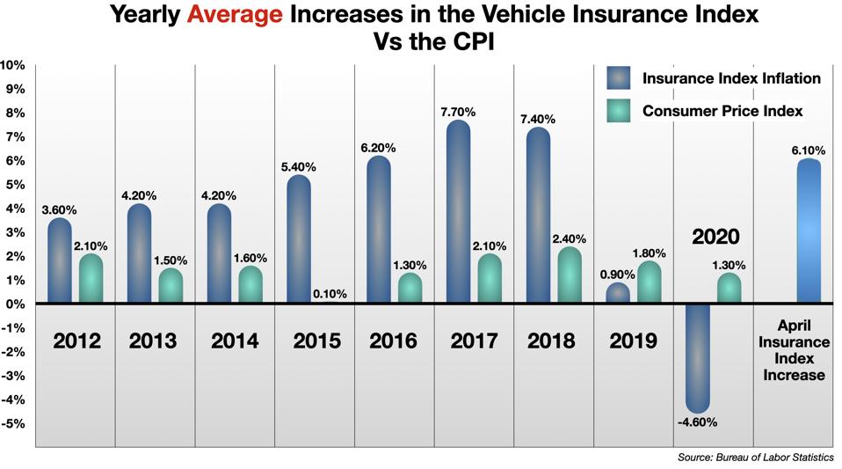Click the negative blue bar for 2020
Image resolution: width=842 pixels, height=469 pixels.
(698, 357)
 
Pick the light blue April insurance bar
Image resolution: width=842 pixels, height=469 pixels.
(809, 231)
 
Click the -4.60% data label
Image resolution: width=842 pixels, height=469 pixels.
(698, 422)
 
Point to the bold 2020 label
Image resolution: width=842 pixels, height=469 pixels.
(715, 238)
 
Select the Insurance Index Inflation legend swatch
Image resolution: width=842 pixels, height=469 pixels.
(621, 77)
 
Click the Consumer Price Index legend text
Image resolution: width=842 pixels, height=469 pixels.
(722, 111)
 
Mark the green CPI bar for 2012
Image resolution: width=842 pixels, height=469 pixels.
(91, 279)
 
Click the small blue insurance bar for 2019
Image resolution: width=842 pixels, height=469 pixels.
(618, 294)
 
